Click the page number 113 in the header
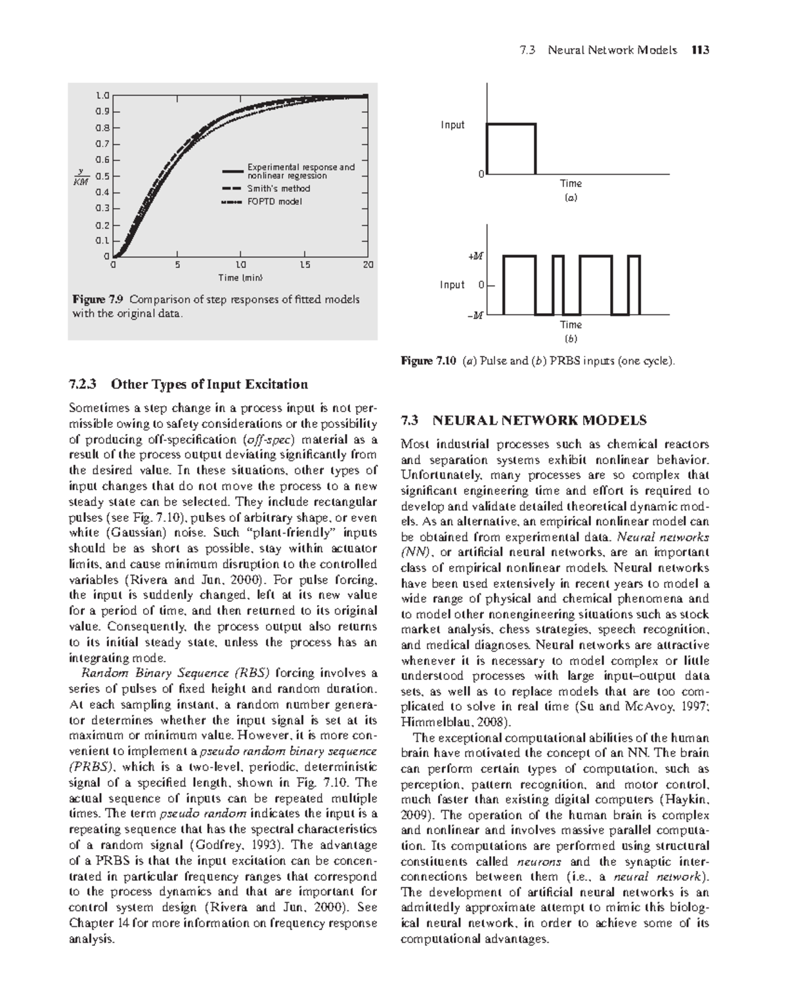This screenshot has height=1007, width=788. click(699, 50)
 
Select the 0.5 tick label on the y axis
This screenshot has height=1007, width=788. click(102, 176)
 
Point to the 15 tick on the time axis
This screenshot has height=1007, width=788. click(304, 265)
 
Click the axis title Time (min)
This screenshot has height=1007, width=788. click(240, 278)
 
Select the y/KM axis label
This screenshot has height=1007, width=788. click(80, 177)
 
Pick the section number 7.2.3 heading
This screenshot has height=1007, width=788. click(86, 384)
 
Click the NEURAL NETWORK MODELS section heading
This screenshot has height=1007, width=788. click(540, 420)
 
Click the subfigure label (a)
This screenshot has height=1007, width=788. click(571, 197)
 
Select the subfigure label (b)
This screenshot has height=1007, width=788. click(571, 339)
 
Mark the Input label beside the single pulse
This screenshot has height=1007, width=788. click(452, 125)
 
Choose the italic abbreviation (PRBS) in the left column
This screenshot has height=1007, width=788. click(91, 767)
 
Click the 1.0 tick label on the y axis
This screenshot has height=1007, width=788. click(102, 96)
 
